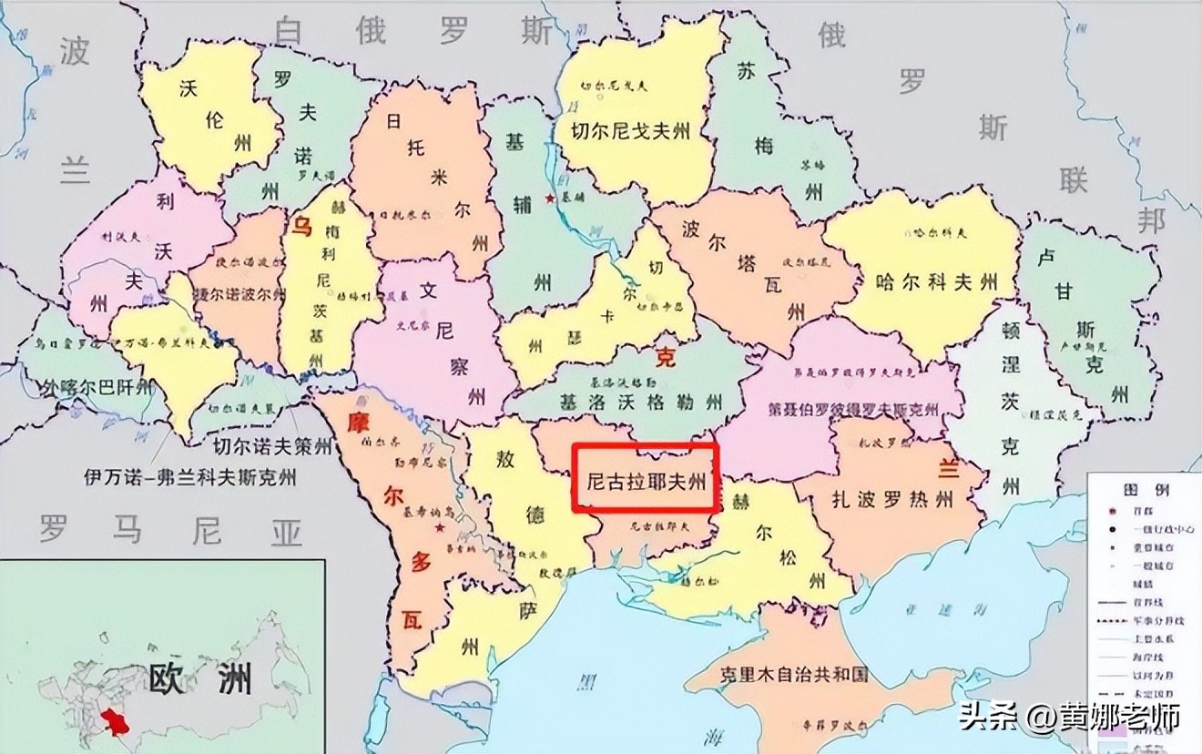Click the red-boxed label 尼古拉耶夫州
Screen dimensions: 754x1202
[x=646, y=479]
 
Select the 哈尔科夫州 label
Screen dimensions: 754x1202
[x=935, y=280]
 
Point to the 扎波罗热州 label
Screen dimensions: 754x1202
[x=891, y=499]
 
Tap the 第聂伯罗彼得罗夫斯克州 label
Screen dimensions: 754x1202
[x=853, y=409]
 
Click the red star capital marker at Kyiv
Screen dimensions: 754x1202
[x=549, y=198]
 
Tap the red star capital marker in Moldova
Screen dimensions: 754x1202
[x=441, y=527]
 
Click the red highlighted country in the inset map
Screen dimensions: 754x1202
[x=117, y=724]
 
